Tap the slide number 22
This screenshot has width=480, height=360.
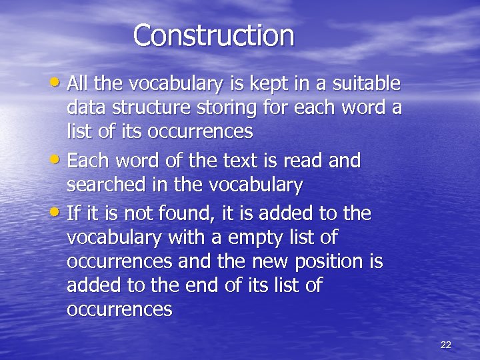click(446, 345)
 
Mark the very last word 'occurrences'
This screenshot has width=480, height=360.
click(119, 310)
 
